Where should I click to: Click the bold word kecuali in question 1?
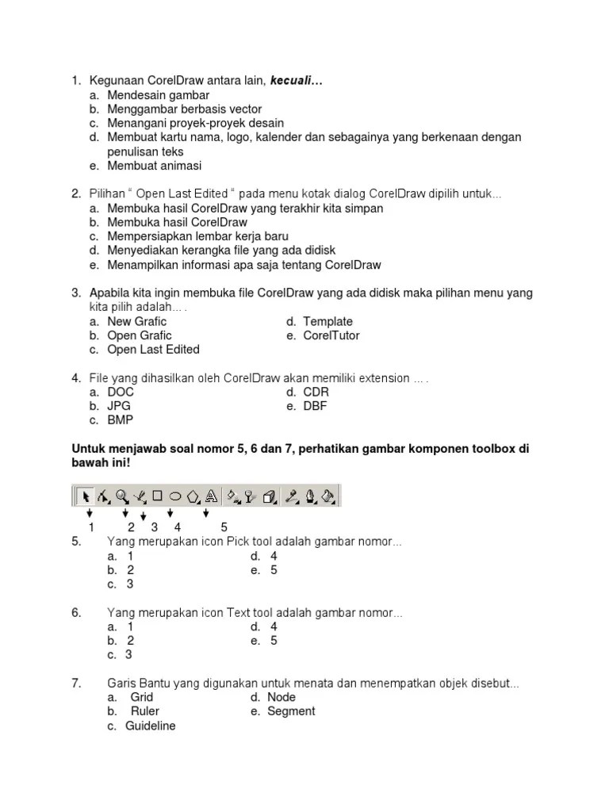[297, 81]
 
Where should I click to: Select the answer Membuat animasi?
[155, 166]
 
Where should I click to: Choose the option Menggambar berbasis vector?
[184, 109]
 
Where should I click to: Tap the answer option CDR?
[316, 392]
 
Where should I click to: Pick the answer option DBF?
[315, 406]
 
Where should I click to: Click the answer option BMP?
[121, 420]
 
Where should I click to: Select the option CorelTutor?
[331, 335]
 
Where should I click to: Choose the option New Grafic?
[137, 321]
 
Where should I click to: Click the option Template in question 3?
[327, 321]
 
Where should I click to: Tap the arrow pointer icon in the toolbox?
[85, 496]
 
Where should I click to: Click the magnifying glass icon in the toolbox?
[121, 496]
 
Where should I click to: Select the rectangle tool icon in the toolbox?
[157, 496]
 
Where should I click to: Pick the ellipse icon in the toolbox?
[175, 496]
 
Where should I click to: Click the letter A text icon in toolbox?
[211, 496]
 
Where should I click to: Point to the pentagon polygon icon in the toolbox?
[193, 496]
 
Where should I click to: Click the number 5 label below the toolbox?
[224, 527]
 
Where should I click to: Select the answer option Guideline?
[150, 726]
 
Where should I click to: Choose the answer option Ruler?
[145, 711]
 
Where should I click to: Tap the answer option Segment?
[293, 711]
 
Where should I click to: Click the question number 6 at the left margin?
[76, 613]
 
